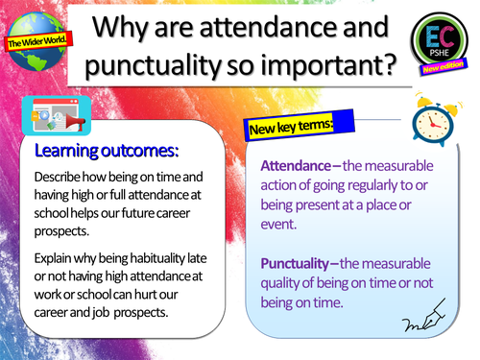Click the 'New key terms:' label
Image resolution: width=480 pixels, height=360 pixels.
click(291, 127)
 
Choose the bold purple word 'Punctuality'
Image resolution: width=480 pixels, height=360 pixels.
click(300, 263)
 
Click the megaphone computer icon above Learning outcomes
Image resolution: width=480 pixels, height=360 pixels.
click(49, 120)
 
